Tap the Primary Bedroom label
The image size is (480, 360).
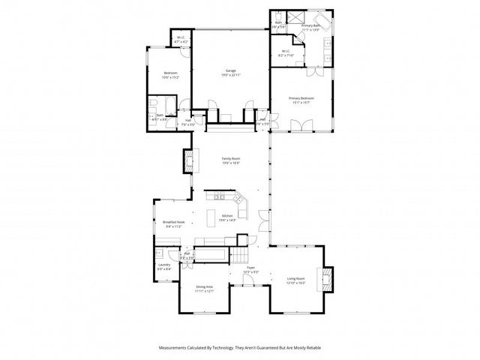[x=301, y=98]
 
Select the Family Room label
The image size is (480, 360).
[x=230, y=158]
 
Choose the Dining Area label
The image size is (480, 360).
[x=205, y=286]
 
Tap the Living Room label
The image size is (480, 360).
[x=296, y=280]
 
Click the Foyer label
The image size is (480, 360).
[x=251, y=267]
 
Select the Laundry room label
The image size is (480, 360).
[x=163, y=265]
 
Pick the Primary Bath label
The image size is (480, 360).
[x=310, y=25]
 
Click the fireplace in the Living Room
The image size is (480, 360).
[x=325, y=278]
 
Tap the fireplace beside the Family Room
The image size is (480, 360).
[x=188, y=159]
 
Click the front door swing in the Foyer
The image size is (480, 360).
[x=247, y=282]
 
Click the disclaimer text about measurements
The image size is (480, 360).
[x=239, y=348]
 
